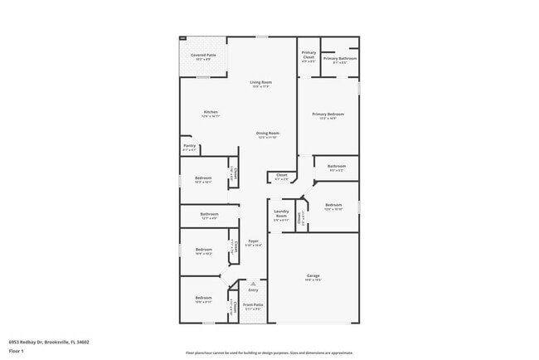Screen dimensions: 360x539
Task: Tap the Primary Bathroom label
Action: click(x=340, y=58)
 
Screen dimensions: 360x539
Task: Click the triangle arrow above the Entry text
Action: click(x=253, y=283)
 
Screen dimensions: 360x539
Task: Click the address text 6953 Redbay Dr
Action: click(x=49, y=341)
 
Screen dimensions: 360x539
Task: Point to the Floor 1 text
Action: click(x=17, y=351)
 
